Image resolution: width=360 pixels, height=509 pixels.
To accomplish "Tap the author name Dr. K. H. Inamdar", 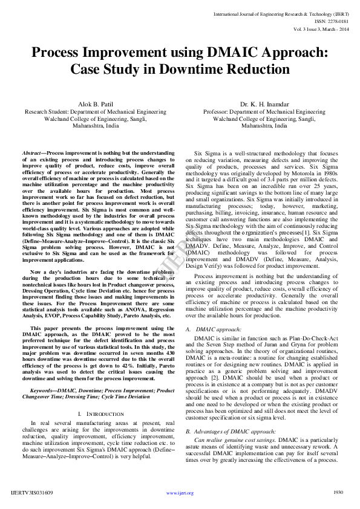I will tap(265, 104).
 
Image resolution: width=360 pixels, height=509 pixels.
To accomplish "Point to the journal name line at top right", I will tap(281, 13).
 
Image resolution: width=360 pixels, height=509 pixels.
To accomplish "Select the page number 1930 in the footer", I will tap(339, 492).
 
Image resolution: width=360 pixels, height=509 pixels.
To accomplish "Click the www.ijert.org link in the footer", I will tap(180, 493).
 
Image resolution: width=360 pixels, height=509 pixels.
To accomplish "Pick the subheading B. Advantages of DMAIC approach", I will tap(231, 414).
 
